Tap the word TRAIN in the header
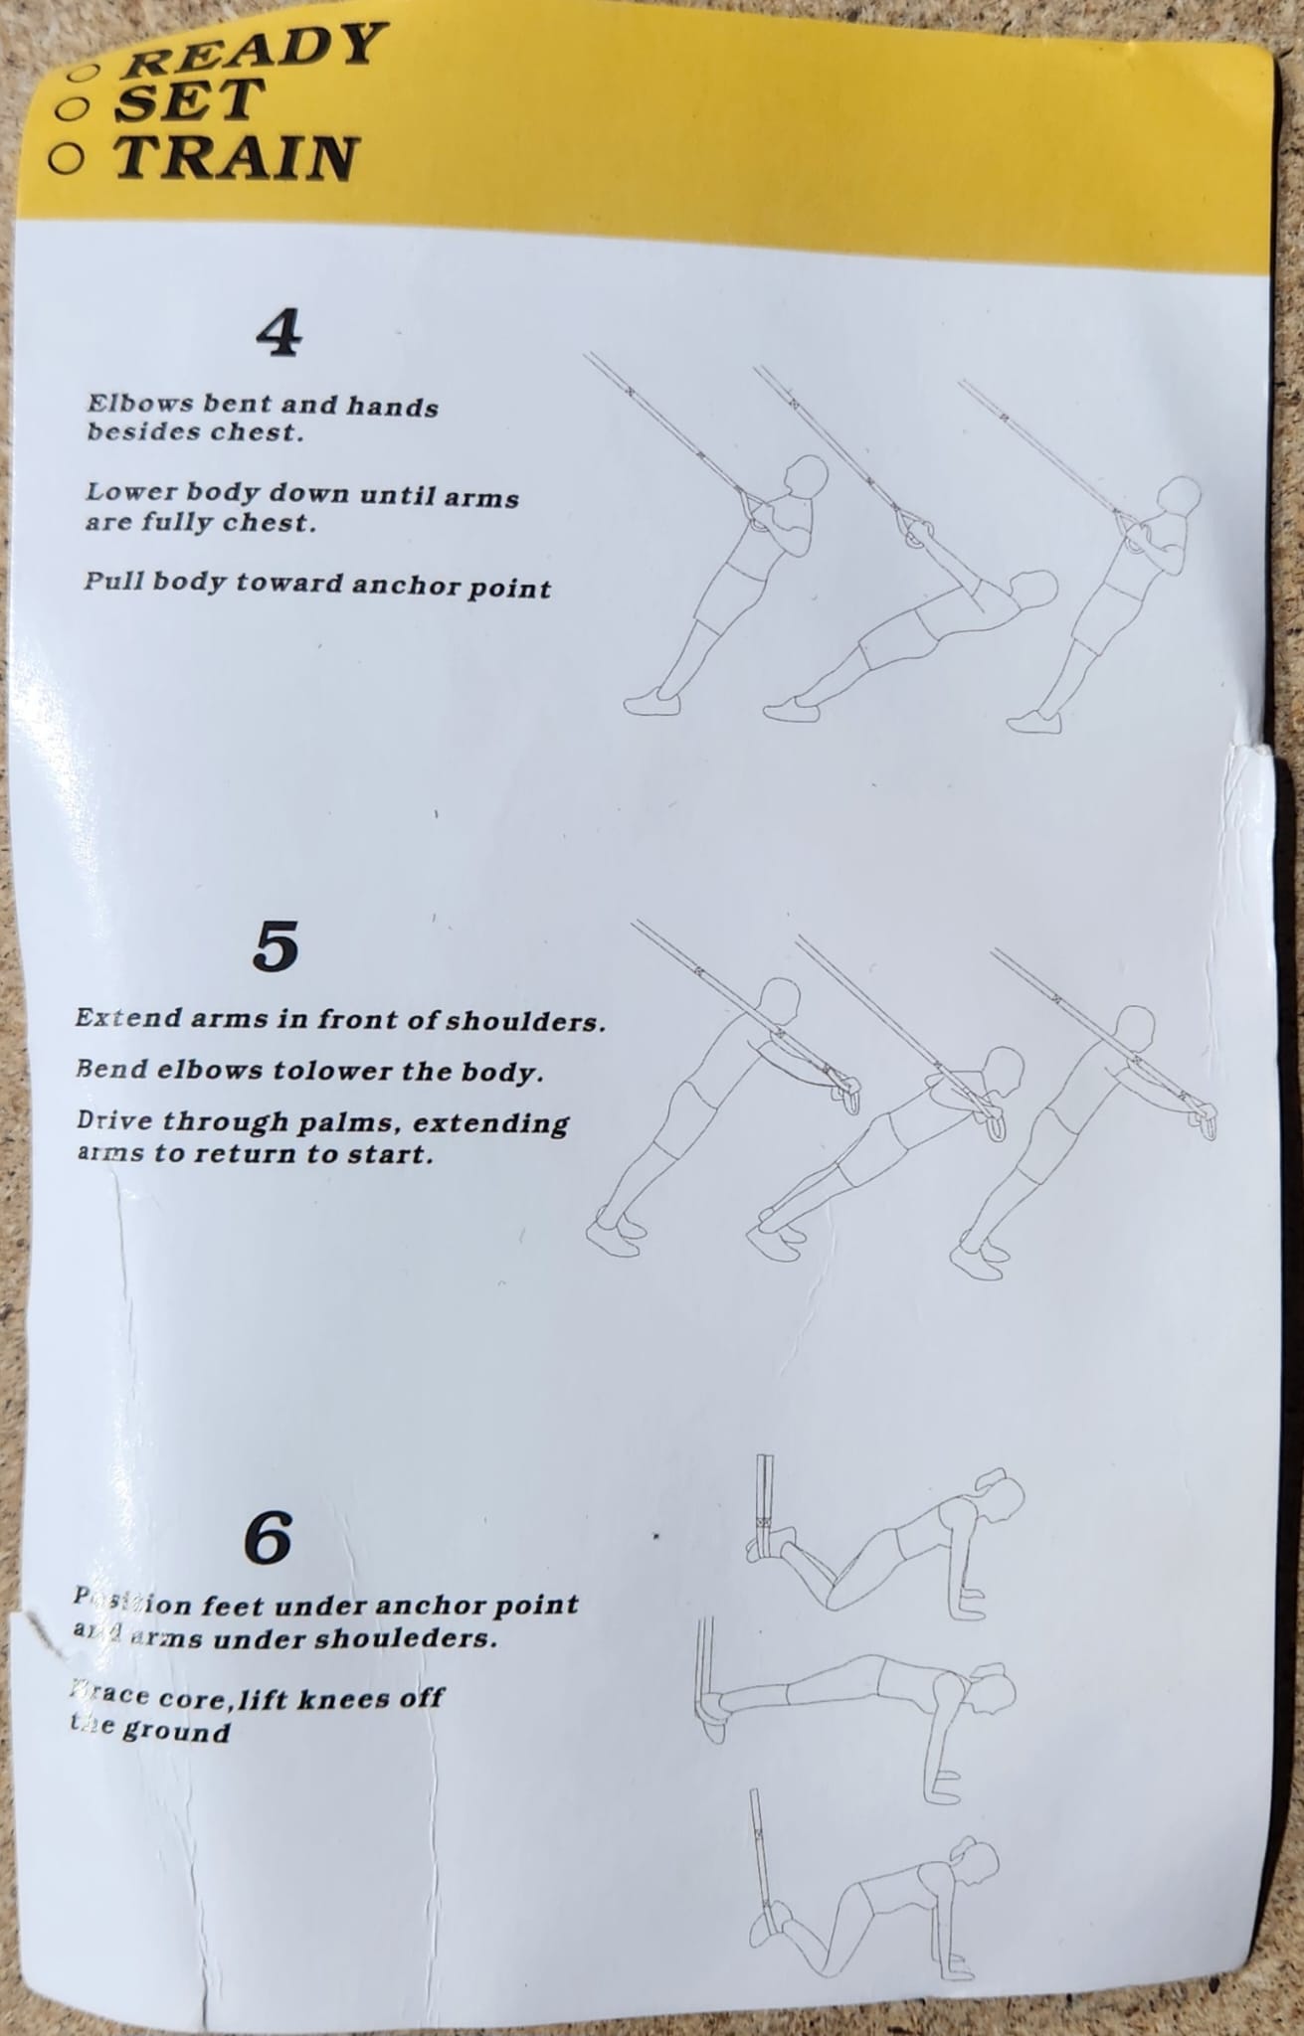point(235,157)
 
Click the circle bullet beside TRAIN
point(67,159)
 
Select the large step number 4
point(279,335)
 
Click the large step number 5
point(276,947)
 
